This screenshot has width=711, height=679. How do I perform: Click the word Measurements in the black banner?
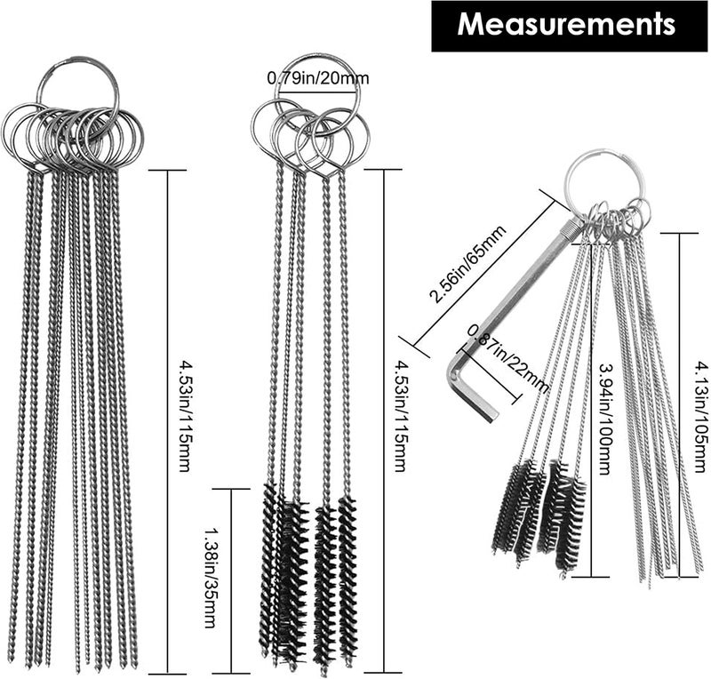pyautogui.click(x=566, y=24)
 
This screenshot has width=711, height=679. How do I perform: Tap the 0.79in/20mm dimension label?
pyautogui.click(x=318, y=78)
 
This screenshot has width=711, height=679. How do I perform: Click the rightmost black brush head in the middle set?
pyautogui.click(x=348, y=581)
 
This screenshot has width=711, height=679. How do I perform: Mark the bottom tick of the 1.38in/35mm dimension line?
pyautogui.click(x=231, y=673)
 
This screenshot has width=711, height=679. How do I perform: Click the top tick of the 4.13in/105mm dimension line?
pyautogui.click(x=679, y=233)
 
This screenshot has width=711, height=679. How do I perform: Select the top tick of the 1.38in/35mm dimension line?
pyautogui.click(x=231, y=489)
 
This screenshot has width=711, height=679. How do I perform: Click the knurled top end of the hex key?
pyautogui.click(x=572, y=227)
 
